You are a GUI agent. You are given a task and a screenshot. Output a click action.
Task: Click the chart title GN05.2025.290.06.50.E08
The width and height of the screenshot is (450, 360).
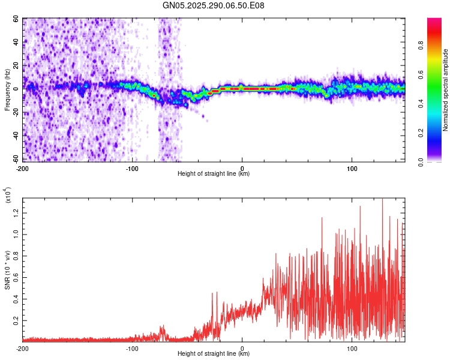coord(214,5)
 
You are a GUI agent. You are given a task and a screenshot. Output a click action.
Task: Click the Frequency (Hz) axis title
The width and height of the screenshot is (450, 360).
coord(8,90)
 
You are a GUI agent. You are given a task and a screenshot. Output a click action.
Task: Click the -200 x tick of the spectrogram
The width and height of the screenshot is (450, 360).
coord(23,168)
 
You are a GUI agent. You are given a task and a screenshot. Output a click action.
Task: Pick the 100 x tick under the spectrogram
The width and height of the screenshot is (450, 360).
coord(352,168)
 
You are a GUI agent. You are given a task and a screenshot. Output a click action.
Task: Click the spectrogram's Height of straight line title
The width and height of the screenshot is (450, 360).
coord(214,174)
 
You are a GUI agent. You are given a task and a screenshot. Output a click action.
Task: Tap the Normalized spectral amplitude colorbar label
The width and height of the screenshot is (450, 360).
coord(445,90)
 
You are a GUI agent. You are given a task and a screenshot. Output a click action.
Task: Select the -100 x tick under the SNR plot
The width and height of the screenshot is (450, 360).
coord(132,348)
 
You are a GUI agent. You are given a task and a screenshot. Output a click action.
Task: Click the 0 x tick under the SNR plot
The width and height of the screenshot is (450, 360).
coord(242,348)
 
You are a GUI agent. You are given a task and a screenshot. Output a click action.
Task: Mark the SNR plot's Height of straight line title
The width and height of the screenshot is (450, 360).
coord(214,354)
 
